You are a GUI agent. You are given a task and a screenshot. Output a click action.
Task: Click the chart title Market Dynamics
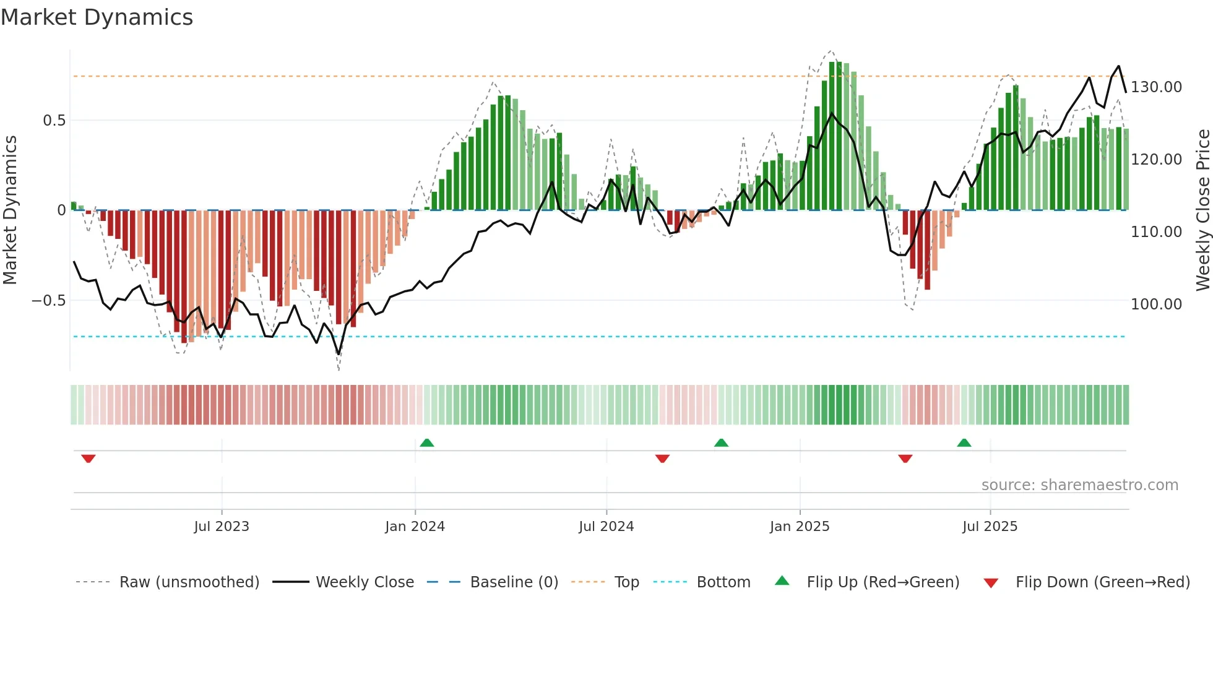[97, 17]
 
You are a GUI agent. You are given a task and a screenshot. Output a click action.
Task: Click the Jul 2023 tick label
[221, 527]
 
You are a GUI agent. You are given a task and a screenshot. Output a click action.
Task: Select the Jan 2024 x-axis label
[415, 527]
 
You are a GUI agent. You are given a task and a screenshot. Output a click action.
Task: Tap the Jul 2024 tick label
[606, 527]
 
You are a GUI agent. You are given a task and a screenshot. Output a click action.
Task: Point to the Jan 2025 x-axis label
[800, 527]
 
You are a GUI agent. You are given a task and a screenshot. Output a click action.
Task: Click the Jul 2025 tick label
[990, 527]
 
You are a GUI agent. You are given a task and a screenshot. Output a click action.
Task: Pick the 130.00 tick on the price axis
[1156, 87]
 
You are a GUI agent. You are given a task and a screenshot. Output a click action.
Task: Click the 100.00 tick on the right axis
[1156, 304]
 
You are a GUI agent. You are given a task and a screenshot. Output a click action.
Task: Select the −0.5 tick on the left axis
[48, 301]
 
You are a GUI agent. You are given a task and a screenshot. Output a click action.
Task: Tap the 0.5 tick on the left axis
[54, 121]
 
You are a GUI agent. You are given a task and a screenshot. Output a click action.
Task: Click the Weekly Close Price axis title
[1202, 210]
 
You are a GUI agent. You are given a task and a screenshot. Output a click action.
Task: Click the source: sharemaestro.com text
[1079, 485]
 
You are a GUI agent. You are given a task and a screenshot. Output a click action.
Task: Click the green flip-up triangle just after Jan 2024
[426, 443]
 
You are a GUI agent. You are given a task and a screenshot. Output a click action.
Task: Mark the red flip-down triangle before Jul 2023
[88, 459]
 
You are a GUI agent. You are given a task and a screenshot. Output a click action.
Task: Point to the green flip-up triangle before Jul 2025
[964, 443]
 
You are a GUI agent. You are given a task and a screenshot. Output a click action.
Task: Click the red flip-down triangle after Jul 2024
[662, 459]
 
